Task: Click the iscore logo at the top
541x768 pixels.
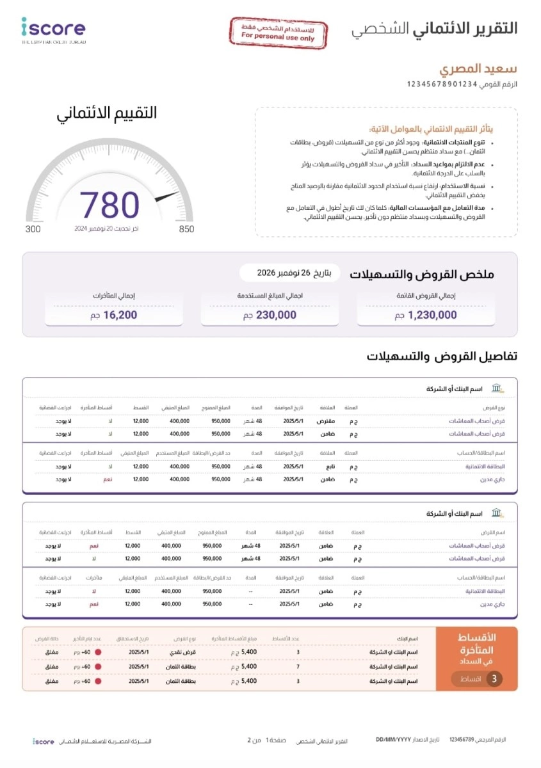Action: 53,29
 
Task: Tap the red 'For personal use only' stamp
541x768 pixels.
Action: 278,33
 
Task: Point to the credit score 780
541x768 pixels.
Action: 109,205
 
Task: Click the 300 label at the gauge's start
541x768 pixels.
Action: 33,229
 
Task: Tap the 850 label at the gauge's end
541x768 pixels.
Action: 186,229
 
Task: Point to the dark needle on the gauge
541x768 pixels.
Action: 167,196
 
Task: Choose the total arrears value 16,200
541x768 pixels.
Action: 109,315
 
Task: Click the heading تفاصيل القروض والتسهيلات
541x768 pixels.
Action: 442,356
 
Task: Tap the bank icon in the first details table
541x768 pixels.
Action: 497,388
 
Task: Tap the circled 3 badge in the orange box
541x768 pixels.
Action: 494,679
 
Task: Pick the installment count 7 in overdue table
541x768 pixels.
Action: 298,666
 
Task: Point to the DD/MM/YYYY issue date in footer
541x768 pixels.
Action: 394,740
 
